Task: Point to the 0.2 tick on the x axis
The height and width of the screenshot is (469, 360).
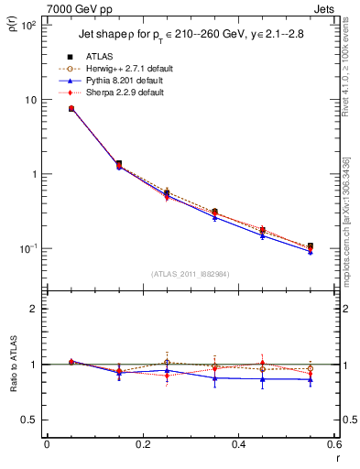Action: [x=142, y=444]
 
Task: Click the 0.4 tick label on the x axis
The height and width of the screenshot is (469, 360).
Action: [x=238, y=444]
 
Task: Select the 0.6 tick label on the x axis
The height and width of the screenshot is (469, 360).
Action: [x=332, y=444]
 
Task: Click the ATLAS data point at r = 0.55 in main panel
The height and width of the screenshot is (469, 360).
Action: [x=311, y=246]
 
